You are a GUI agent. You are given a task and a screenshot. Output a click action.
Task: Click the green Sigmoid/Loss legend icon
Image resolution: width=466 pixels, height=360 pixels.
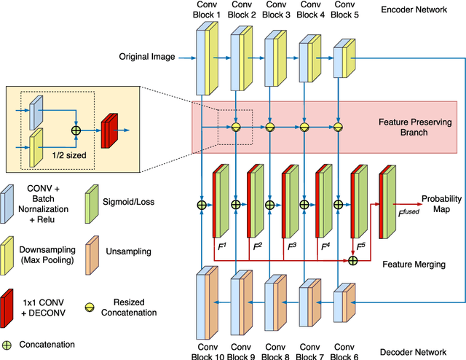[x=92, y=198]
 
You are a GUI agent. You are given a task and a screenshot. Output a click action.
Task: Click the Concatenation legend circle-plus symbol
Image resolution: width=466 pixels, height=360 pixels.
[x=10, y=344]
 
